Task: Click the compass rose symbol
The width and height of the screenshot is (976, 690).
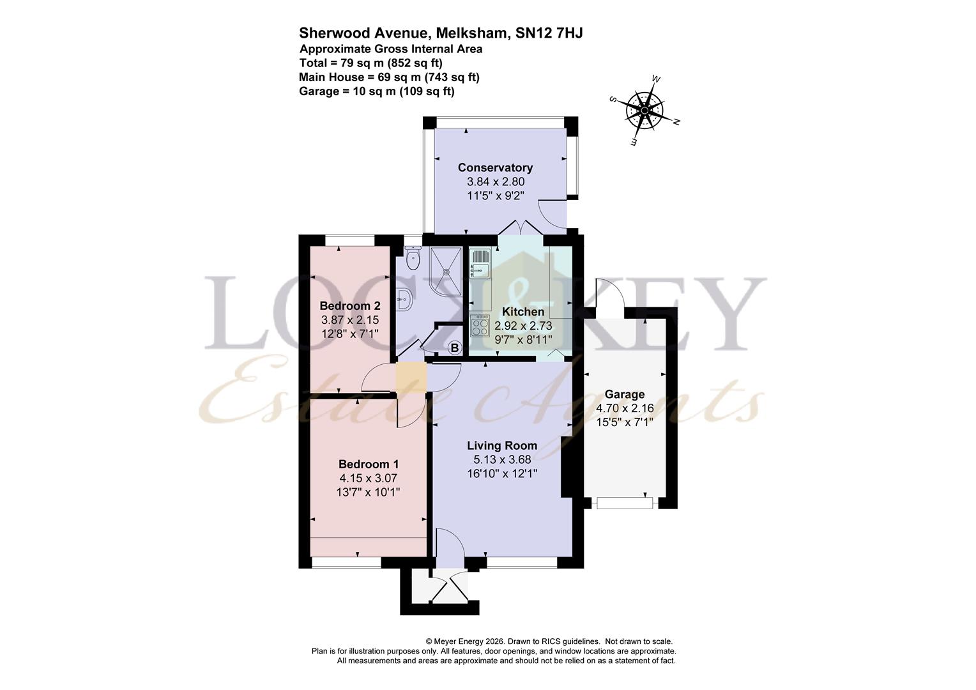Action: (644, 111)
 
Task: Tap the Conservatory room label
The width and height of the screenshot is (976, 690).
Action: (495, 167)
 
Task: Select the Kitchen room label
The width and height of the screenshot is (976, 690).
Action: (522, 312)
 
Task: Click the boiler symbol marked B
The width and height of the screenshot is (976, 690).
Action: (454, 348)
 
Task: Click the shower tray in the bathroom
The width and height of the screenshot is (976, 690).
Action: (446, 270)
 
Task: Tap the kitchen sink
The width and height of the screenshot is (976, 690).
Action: (479, 265)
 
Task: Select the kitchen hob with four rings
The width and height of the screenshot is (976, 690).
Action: (479, 327)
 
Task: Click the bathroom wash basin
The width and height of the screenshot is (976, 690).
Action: (402, 297)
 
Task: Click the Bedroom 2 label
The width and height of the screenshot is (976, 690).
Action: (350, 305)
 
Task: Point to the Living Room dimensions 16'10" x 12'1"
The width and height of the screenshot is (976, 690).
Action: (501, 473)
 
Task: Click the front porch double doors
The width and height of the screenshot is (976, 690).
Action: (450, 588)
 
